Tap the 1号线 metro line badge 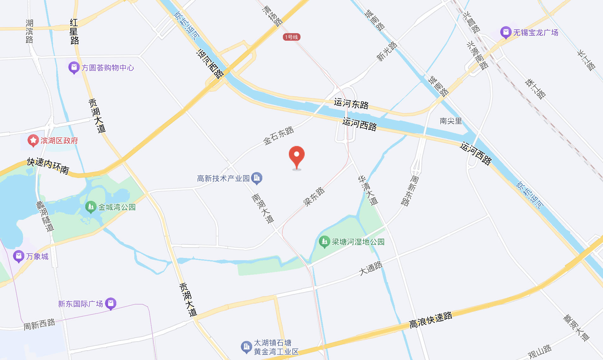[x=291, y=37]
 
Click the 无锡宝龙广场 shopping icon [x=506, y=32]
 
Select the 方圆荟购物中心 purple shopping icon [x=74, y=68]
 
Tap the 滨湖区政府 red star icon [x=33, y=141]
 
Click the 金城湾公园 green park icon [x=91, y=207]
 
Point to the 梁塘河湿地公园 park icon [x=324, y=242]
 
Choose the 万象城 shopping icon [x=19, y=256]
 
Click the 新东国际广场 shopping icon [x=111, y=303]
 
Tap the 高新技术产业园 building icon [x=257, y=178]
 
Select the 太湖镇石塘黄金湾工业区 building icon [x=246, y=347]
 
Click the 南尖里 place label [x=451, y=121]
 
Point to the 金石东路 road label [x=278, y=136]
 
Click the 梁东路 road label [x=314, y=196]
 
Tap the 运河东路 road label [x=351, y=103]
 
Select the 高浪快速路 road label [x=430, y=320]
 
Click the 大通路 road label [x=371, y=268]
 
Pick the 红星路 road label [x=74, y=32]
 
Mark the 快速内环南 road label [x=48, y=166]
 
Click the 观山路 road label [x=539, y=351]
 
